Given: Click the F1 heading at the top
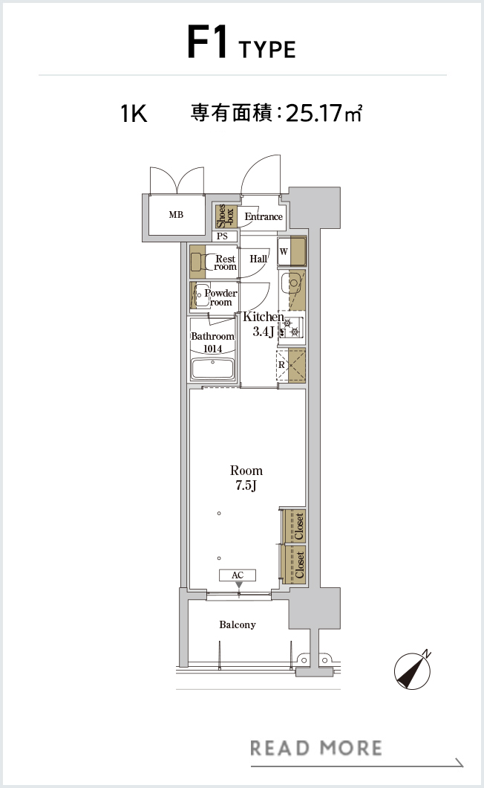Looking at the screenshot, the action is tap(207, 43).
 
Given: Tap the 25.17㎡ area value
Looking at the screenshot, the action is tap(324, 113).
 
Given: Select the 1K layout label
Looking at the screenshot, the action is tap(134, 114).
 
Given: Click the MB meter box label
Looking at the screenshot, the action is tap(176, 215).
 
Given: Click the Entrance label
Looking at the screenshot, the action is tap(264, 216).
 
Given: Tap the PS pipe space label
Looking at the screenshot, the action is tap(223, 236).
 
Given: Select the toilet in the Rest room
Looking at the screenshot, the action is tap(203, 262).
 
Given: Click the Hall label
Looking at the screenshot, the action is tap(258, 259).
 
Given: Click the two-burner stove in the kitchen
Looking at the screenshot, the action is tap(291, 327).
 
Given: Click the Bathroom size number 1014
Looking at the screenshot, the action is tap(213, 349).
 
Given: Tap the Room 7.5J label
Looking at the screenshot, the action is tap(246, 478).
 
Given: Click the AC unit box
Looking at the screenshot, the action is tap(238, 575).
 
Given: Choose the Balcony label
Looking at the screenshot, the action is tap(238, 624).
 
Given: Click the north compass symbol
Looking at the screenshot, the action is tap(413, 671).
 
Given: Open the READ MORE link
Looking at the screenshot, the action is tap(316, 749).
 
